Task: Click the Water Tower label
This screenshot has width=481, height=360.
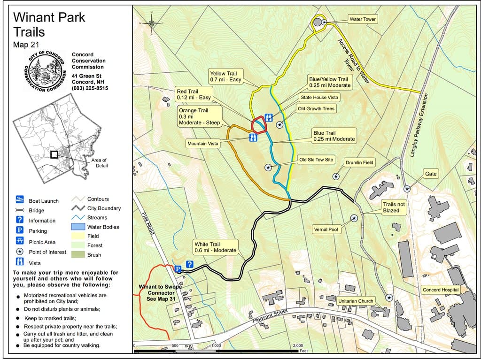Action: click(363, 19)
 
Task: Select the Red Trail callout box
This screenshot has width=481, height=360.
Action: click(194, 94)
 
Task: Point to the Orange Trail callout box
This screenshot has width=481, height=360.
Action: click(199, 116)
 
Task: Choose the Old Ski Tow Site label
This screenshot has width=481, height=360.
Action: click(316, 160)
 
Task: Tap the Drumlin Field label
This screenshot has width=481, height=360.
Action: click(359, 162)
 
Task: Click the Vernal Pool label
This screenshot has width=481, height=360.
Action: click(326, 230)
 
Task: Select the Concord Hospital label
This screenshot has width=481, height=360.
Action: click(441, 290)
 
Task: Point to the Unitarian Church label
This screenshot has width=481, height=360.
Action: click(356, 301)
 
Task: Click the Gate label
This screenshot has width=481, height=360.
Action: click(431, 174)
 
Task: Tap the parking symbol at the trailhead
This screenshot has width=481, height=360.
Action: click(178, 269)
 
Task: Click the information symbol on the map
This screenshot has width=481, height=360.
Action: click(189, 264)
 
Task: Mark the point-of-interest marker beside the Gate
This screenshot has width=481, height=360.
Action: click(407, 189)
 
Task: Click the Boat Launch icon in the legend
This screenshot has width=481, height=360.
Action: click(20, 200)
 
